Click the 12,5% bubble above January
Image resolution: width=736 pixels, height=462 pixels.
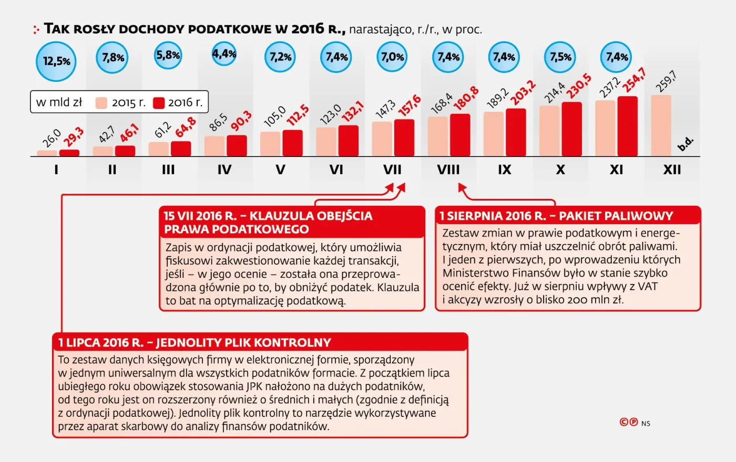pos(56,61)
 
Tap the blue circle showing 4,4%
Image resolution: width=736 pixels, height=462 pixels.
pos(224,54)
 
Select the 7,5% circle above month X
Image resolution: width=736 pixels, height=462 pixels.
pos(560,57)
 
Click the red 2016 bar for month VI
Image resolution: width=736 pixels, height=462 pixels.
pos(348,141)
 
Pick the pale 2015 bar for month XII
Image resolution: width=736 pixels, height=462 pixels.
pos(661,125)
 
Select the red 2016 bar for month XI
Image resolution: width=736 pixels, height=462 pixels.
pos(627,127)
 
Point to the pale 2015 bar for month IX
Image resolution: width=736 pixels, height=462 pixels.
pos(493,134)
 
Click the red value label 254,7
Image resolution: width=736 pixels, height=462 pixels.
pos(634,80)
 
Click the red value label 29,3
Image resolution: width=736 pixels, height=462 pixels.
pos(74,138)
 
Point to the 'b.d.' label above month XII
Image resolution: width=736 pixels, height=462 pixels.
pos(686,144)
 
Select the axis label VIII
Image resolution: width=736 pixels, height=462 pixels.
pos(448,170)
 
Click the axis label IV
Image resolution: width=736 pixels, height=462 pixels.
pos(224,170)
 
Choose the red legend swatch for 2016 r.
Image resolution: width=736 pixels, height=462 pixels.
pos(159,103)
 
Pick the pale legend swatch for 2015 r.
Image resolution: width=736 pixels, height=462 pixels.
pos(101,103)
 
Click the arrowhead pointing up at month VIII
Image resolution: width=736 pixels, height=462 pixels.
pos(462,187)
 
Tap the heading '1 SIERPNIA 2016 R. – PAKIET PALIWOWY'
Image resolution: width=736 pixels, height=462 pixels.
pos(556,216)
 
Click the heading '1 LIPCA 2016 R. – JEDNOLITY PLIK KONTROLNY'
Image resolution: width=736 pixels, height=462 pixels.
pos(195,343)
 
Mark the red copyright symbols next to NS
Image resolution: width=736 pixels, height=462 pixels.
pos(629,422)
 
